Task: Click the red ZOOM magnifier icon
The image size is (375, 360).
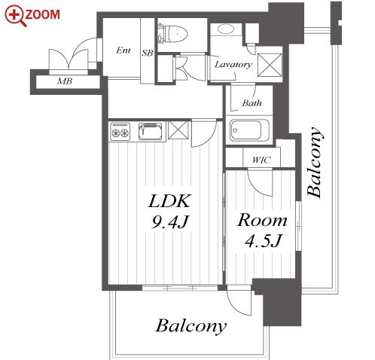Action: [15, 16]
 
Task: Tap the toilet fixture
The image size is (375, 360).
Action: [173, 33]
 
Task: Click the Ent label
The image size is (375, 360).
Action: [123, 50]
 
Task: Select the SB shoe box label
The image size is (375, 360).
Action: [148, 53]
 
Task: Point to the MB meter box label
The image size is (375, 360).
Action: [65, 81]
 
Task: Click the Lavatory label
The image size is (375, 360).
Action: [233, 65]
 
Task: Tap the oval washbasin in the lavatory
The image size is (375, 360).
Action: [226, 29]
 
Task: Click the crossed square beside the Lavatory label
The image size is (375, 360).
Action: [270, 65]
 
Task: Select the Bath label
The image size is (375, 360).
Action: [252, 103]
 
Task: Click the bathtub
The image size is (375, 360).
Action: [249, 130]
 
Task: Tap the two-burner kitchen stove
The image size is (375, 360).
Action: [120, 131]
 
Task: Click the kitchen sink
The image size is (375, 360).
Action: [150, 131]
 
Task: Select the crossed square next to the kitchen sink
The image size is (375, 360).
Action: [178, 130]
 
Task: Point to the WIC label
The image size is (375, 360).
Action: [261, 160]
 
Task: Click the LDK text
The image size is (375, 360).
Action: [170, 201]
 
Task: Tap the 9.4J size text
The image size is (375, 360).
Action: [170, 222]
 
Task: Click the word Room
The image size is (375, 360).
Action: [262, 220]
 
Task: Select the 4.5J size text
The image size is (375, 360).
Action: [264, 240]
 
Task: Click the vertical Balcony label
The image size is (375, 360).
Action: [315, 162]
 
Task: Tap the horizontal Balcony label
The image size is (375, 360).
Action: [191, 326]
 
